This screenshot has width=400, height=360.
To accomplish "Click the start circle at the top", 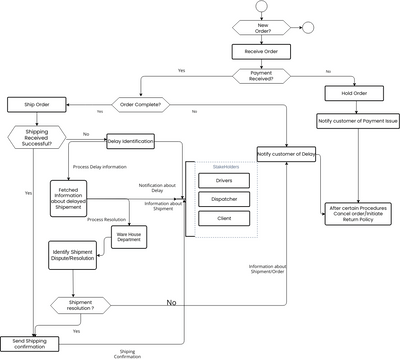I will (263, 7).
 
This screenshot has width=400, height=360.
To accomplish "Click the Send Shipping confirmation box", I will (33, 343).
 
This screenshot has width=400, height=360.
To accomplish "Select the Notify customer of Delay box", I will (286, 154).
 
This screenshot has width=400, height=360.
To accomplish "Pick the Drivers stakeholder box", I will (224, 180).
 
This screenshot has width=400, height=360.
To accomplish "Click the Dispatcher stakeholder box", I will (224, 198).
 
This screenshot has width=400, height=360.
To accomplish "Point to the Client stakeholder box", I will (224, 217).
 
